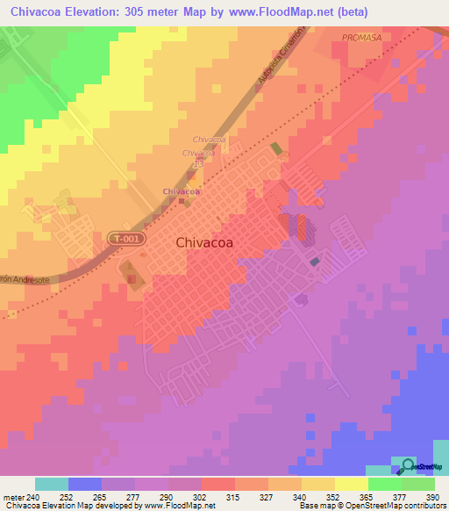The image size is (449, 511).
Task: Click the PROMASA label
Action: tap(360, 39)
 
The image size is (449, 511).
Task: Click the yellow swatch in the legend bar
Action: tap(351, 484)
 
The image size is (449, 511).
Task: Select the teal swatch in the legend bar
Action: tap(52, 484)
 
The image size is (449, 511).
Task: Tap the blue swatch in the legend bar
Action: tap(85, 484)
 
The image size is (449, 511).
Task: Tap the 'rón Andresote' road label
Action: tap(25, 278)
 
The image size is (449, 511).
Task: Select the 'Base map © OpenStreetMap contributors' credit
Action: tap(372, 506)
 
